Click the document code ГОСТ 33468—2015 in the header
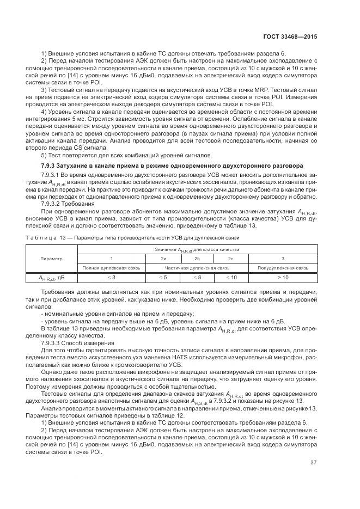290,36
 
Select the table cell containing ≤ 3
111,278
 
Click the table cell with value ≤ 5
163,278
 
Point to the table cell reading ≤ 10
231,278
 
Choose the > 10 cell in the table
283,278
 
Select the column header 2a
163,258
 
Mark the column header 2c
231,258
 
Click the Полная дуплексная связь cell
111,268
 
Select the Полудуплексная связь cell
283,268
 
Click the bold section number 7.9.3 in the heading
51,164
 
